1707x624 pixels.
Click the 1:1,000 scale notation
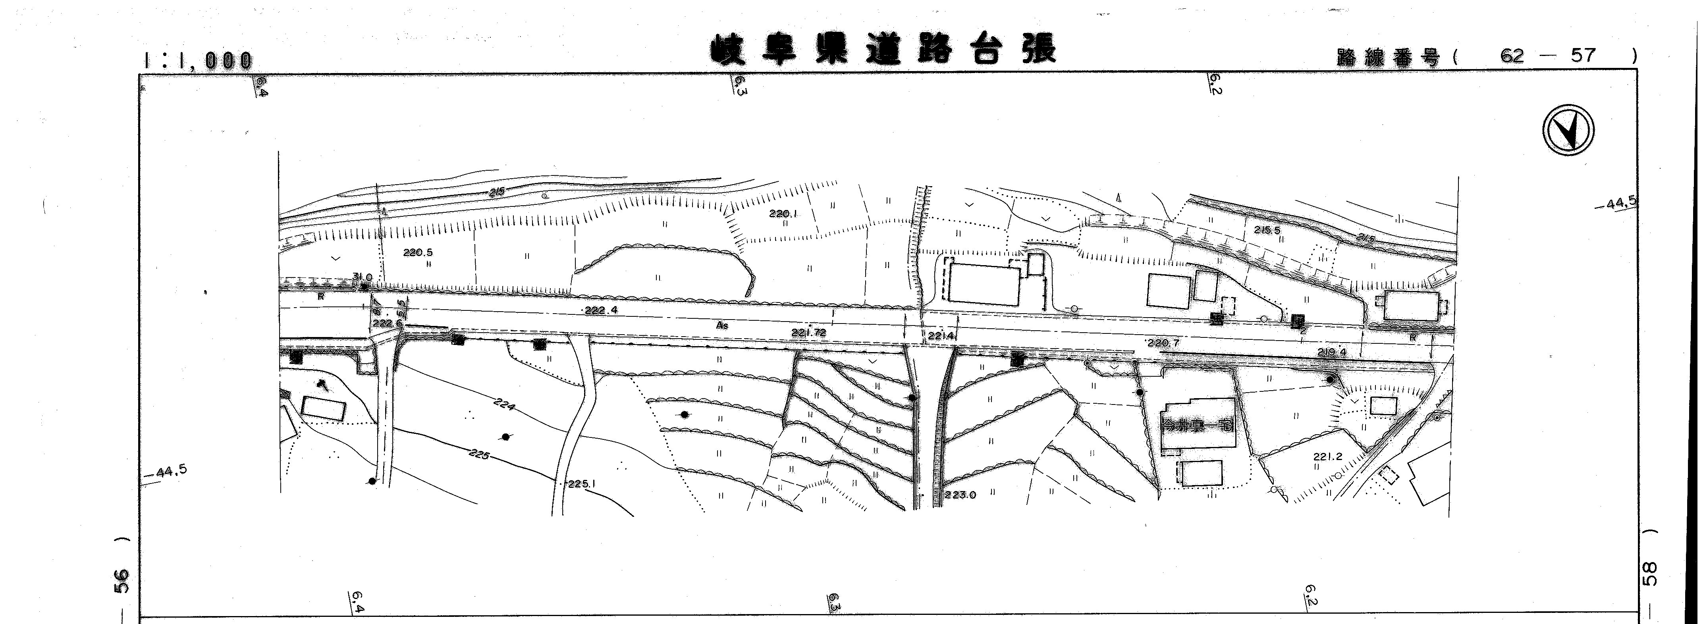(197, 60)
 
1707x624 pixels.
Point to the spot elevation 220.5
(417, 252)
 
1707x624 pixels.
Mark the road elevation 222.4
(601, 309)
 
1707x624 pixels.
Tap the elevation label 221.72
(808, 333)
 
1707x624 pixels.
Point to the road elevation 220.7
(1163, 343)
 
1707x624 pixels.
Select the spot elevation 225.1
(582, 483)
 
